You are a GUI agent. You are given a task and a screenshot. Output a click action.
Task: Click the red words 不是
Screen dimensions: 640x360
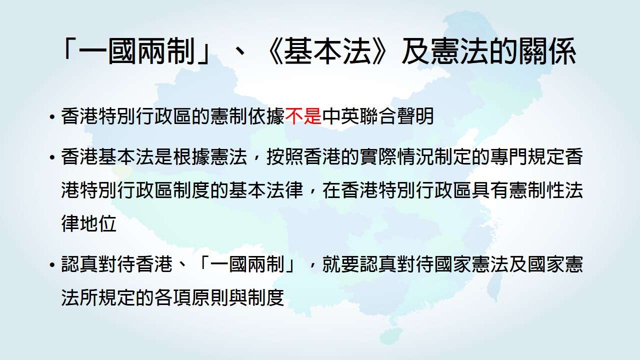tap(303, 116)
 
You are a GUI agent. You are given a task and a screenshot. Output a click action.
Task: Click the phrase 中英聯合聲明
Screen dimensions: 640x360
tap(378, 116)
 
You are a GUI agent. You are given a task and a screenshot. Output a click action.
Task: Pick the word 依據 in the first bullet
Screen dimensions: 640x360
tap(266, 116)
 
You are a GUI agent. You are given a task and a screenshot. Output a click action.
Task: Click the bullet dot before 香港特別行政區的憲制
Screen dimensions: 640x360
tap(52, 117)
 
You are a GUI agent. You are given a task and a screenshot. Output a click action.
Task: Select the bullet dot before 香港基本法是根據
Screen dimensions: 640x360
tap(52, 157)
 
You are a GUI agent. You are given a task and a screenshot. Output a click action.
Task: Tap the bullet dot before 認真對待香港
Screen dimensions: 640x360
tap(52, 265)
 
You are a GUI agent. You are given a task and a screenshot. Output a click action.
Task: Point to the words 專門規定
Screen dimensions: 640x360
tap(527, 157)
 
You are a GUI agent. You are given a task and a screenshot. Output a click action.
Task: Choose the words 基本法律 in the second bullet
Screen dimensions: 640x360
tap(266, 190)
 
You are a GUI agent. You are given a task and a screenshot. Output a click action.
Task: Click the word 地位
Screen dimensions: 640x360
tap(98, 223)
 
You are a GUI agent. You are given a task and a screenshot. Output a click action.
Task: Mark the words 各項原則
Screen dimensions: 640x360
tap(191, 297)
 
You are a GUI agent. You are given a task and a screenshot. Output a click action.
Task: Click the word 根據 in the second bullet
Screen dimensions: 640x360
tap(191, 157)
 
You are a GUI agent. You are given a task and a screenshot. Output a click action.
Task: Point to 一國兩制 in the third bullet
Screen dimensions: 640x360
tap(247, 264)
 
